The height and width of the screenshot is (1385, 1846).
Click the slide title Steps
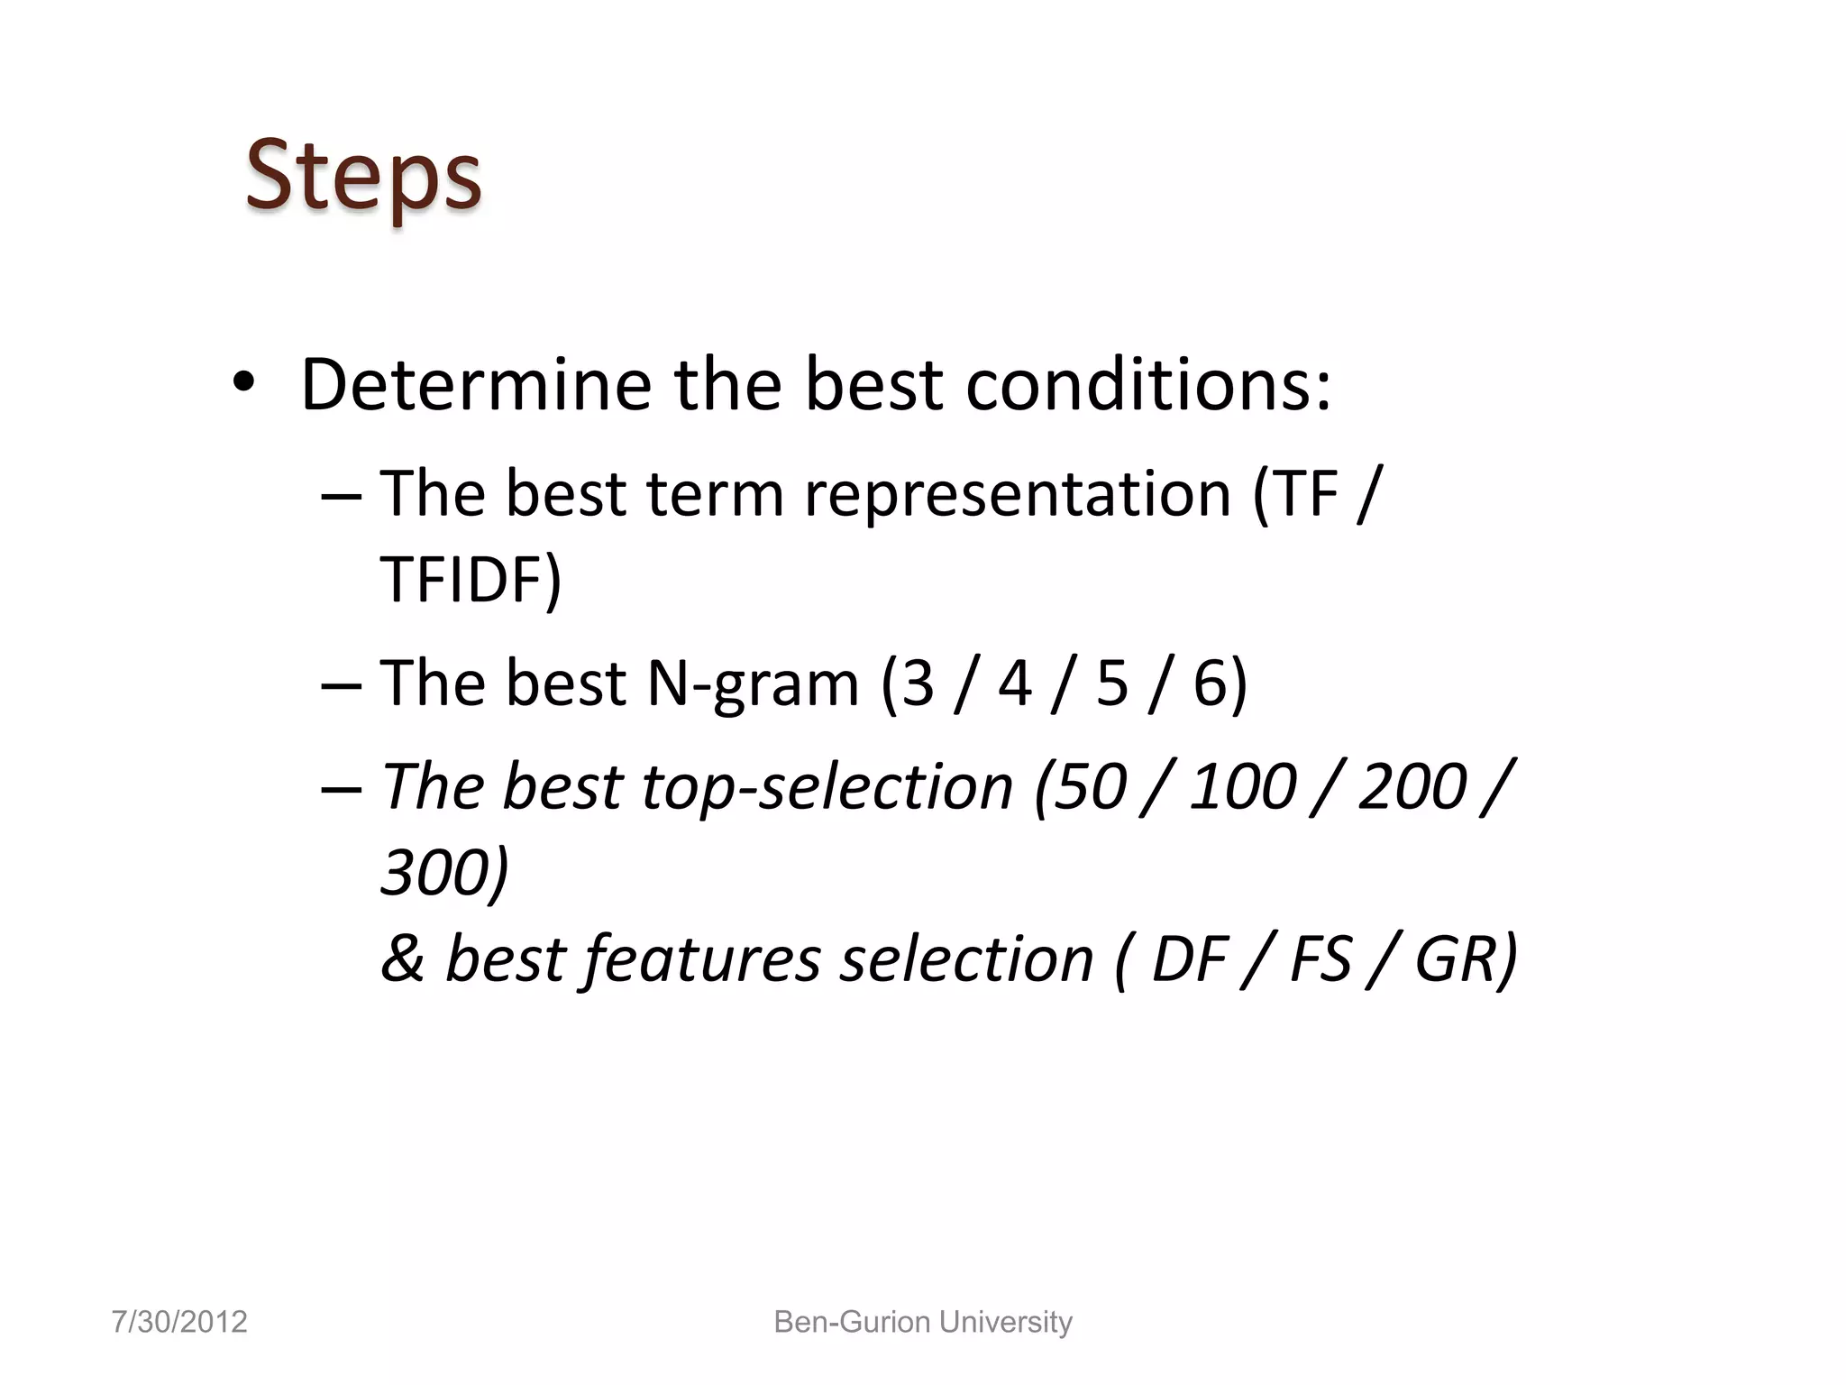363,176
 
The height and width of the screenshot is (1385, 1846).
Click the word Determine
475,385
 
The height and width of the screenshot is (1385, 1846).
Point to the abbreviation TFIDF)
471,579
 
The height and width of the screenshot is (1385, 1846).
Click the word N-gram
753,683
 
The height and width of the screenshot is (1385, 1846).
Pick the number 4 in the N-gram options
1014,683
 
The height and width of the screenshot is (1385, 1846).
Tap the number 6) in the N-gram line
1220,683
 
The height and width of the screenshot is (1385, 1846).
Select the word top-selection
827,786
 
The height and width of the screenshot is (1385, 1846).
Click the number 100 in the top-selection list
1241,786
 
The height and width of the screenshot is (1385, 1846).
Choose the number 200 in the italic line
1412,786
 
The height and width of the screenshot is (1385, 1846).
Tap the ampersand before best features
402,958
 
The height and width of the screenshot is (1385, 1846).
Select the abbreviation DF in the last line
1189,958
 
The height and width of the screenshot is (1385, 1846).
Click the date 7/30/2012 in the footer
179,1322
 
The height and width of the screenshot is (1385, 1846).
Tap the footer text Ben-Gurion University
923,1322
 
